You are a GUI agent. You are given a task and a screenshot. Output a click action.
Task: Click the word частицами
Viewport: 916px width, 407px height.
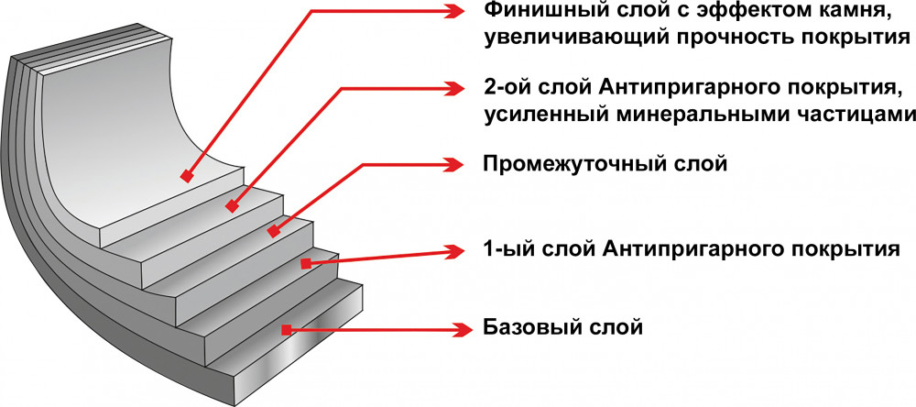coord(857,115)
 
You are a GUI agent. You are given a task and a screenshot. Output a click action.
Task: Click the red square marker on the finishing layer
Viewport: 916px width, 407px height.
coord(186,175)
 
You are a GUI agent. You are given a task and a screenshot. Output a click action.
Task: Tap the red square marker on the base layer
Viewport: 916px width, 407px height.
coord(287,329)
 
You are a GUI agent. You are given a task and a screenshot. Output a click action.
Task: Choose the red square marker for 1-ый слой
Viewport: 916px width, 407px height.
coord(305,263)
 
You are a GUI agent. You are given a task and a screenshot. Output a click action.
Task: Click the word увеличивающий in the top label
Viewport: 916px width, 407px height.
coord(561,38)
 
